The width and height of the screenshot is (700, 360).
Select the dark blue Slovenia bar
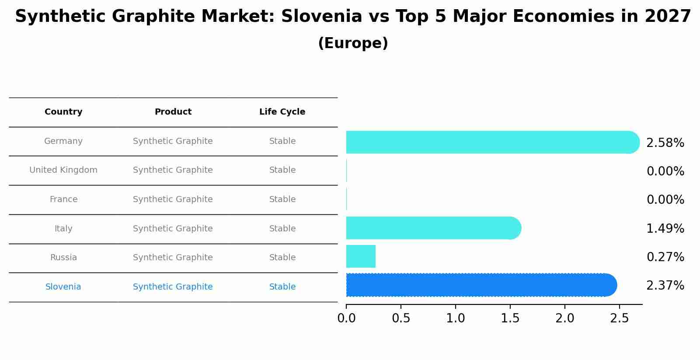pyautogui.click(x=481, y=285)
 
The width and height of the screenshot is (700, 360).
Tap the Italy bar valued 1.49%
pyautogui.click(x=433, y=228)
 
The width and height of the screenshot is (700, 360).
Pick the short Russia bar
pyautogui.click(x=361, y=256)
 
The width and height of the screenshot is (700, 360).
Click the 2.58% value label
pyautogui.click(x=665, y=143)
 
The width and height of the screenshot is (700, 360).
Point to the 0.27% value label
pyautogui.click(x=665, y=257)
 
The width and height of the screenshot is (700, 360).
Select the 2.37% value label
pyautogui.click(x=665, y=286)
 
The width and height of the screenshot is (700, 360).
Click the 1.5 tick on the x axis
pyautogui.click(x=510, y=318)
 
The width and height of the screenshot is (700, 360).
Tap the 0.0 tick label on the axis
pyautogui.click(x=346, y=318)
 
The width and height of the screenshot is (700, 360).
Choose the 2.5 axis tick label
pyautogui.click(x=620, y=318)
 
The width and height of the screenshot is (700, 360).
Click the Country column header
pyautogui.click(x=63, y=112)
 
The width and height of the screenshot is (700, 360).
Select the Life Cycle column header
pyautogui.click(x=282, y=112)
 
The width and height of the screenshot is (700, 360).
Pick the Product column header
pyautogui.click(x=173, y=112)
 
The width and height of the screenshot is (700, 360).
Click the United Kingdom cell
pyautogui.click(x=63, y=170)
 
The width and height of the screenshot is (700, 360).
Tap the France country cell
pyautogui.click(x=63, y=199)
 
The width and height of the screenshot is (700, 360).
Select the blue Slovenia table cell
pyautogui.click(x=63, y=287)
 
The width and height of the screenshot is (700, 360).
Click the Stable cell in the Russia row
pyautogui.click(x=282, y=258)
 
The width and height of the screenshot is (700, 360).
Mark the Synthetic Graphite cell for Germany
pyautogui.click(x=173, y=141)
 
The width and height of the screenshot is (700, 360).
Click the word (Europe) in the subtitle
pyautogui.click(x=353, y=43)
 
